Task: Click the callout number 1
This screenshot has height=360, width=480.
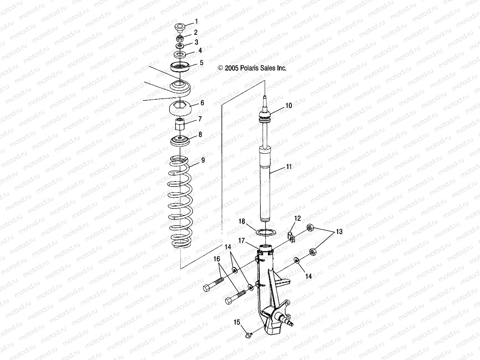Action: tap(196, 22)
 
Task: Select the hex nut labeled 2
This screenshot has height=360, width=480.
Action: tap(180, 38)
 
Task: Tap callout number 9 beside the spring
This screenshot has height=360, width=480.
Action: tap(203, 160)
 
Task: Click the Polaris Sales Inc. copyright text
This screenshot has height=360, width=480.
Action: tap(256, 68)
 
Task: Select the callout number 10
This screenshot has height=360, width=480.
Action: tap(289, 106)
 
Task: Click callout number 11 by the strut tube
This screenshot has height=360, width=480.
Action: tap(289, 167)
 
